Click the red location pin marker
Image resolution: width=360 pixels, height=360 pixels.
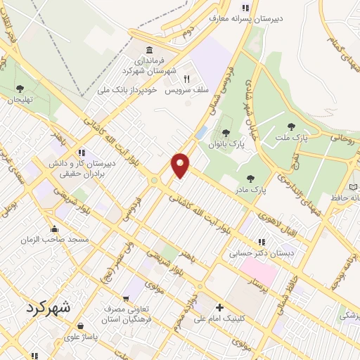[x=181, y=164]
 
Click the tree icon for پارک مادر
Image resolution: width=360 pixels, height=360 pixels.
[x=250, y=179]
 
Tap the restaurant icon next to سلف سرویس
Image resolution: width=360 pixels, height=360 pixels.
[x=186, y=79]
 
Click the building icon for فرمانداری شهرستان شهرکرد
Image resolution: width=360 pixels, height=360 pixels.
[x=150, y=50]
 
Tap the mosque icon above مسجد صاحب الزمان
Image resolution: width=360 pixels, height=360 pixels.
[x=54, y=229]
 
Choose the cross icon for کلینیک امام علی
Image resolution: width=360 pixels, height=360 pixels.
[x=220, y=307]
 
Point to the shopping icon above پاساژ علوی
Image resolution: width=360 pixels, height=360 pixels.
[x=83, y=326]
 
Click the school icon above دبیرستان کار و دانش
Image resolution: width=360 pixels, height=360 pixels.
[x=82, y=152]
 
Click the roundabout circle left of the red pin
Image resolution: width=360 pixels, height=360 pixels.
[x=153, y=181]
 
